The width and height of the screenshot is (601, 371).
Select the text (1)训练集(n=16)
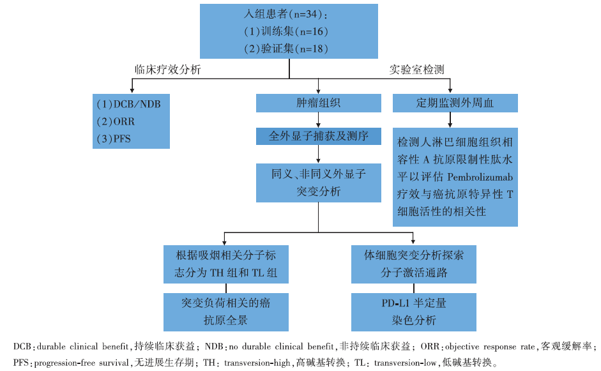click(286, 31)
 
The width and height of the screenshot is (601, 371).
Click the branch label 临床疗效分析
click(167, 70)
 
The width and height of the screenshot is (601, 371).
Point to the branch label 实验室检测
click(416, 70)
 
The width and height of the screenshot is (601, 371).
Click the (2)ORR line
click(116, 121)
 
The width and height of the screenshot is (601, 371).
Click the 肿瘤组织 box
click(319, 103)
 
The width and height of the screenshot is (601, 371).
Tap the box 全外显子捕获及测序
click(319, 136)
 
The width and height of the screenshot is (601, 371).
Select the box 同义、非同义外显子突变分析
click(319, 182)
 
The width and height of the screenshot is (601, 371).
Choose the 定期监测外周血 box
click(455, 103)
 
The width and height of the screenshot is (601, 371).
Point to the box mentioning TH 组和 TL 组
click(225, 263)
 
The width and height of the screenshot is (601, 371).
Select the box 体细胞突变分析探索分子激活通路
click(414, 263)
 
